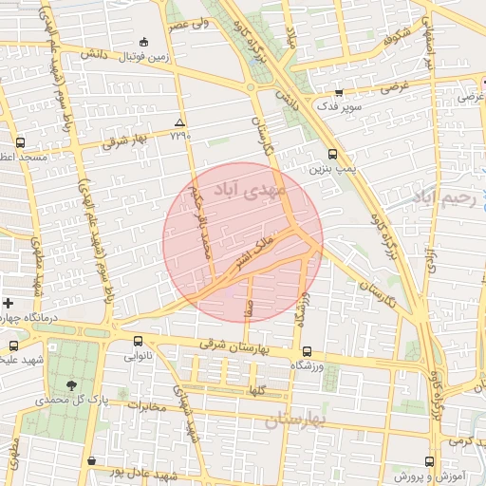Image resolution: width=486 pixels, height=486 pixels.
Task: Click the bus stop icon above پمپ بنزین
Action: coord(331,154)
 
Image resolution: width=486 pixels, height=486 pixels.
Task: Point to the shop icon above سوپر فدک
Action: coord(338,92)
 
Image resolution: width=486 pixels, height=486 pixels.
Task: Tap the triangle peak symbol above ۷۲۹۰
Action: coord(179,122)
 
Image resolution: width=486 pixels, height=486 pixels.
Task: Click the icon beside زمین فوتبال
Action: coord(143,42)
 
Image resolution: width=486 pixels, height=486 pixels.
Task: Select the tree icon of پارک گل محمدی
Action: coord(72,384)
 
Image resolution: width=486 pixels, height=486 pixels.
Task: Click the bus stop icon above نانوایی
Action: coord(139,341)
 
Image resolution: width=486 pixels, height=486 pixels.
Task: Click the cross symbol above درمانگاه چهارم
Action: coord(9,302)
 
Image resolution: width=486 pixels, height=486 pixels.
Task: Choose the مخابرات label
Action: coord(146,406)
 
